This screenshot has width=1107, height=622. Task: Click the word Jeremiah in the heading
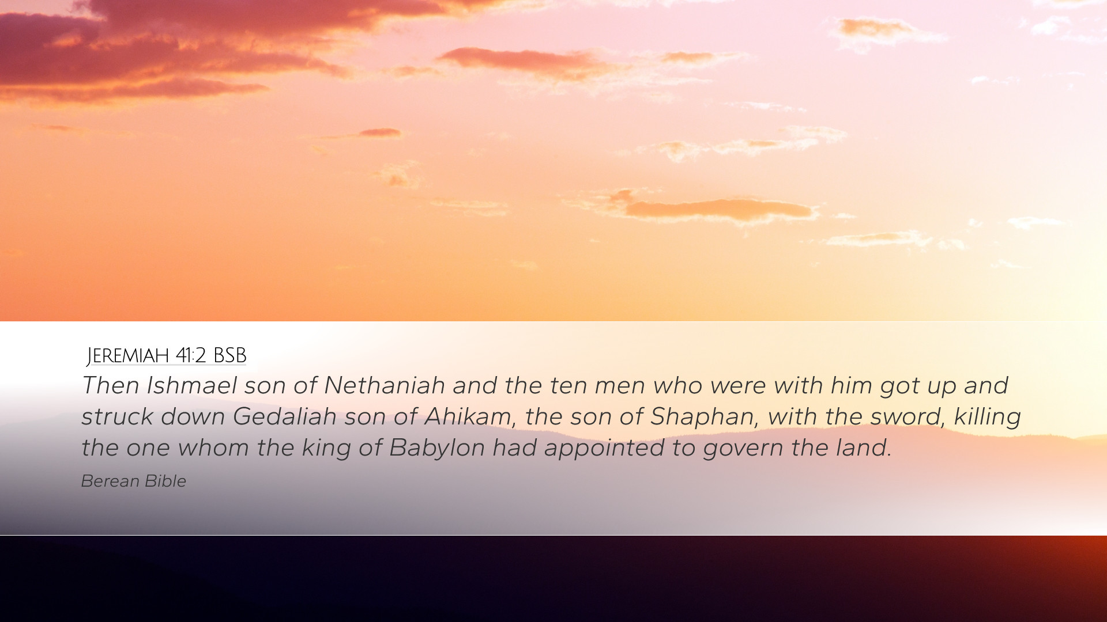click(128, 356)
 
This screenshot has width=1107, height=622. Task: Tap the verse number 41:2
click(191, 356)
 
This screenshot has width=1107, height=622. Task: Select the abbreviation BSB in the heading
click(229, 356)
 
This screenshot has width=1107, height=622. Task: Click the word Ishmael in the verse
click(191, 385)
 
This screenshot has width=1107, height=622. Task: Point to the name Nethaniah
click(385, 385)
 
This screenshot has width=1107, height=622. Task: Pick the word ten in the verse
click(568, 386)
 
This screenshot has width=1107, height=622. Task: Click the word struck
click(117, 416)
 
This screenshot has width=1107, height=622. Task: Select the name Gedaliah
click(285, 416)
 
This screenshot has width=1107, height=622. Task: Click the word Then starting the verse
click(110, 385)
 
